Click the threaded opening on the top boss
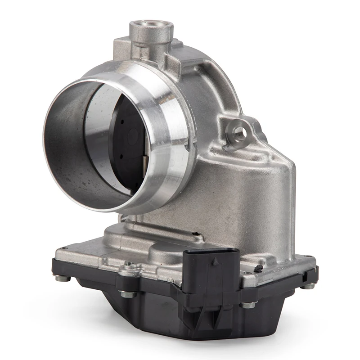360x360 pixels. point(152,25)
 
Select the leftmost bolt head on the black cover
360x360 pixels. point(63,278)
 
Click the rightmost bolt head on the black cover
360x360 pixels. point(309,285)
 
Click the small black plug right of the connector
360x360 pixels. point(258,269)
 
